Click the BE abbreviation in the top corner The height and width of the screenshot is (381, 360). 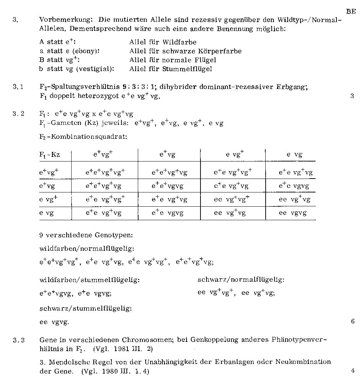(x=351, y=11)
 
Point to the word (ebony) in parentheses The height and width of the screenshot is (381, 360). (x=85, y=51)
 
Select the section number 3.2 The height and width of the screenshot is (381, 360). (x=18, y=114)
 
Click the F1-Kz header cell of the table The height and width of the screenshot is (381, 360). (x=49, y=155)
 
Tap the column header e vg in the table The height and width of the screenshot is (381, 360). (x=294, y=155)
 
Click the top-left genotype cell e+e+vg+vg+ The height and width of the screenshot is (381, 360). (x=105, y=173)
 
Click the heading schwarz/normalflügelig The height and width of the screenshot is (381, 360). (x=241, y=280)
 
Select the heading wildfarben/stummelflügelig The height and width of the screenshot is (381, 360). (x=89, y=280)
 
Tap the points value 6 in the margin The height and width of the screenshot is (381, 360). (x=353, y=322)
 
